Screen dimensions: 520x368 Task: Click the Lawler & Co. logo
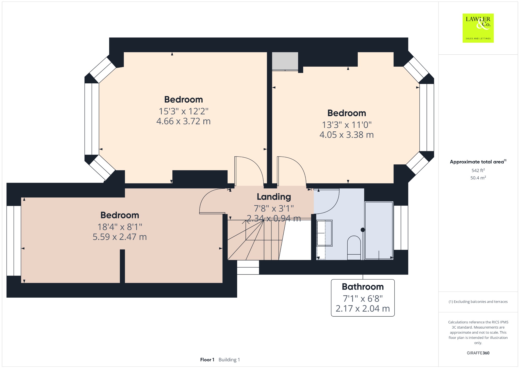pos(478,28)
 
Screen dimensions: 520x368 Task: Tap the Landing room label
pos(274,197)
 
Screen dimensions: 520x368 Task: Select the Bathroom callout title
pos(363,287)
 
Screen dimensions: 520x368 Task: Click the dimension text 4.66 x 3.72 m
pos(184,121)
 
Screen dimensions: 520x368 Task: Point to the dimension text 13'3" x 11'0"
pos(347,125)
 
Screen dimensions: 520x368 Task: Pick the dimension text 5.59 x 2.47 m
pos(120,237)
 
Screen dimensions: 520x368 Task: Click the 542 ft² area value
pos(478,171)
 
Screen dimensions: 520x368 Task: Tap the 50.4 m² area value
pos(478,178)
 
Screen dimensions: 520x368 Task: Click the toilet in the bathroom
pos(354,248)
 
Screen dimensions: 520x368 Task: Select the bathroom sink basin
pos(324,233)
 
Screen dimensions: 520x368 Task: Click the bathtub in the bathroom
pos(379,231)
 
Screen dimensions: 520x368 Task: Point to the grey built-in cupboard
pos(285,61)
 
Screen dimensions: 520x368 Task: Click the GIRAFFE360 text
pos(478,353)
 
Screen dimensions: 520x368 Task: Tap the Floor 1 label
pos(207,360)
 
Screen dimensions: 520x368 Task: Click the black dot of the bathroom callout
pos(363,230)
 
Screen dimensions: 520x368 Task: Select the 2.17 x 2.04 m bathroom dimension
pos(363,309)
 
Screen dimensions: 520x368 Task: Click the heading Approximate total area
pos(477,162)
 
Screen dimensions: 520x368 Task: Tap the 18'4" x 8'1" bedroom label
pos(120,227)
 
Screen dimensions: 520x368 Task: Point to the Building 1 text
pos(229,360)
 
